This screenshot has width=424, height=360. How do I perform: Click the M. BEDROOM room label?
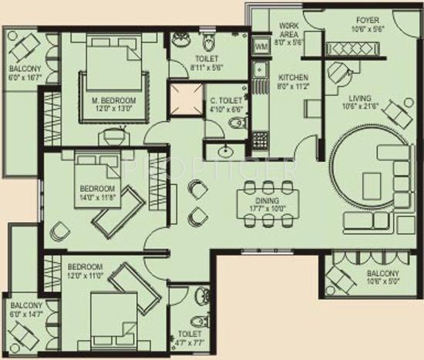(x=114, y=99)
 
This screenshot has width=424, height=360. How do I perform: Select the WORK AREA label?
(x=291, y=30)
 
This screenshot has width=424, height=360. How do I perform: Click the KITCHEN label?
(x=294, y=78)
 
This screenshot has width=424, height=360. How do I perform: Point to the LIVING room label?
(x=359, y=99)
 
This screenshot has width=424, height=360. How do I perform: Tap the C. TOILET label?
(x=226, y=100)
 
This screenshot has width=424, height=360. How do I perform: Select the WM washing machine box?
(x=261, y=49)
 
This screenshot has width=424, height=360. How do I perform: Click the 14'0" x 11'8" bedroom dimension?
(x=97, y=197)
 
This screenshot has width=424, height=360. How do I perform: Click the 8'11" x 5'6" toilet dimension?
(x=206, y=67)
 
